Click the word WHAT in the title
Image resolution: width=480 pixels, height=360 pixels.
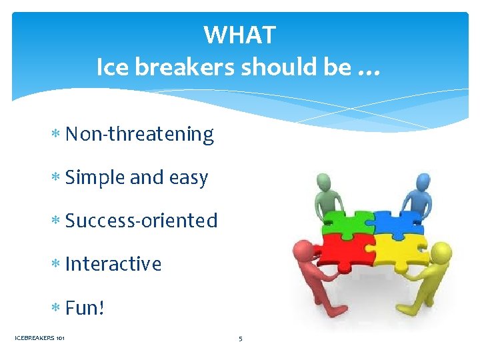click(239, 34)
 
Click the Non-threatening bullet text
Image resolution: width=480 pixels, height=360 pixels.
click(139, 134)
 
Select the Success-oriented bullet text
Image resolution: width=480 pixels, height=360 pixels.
click(141, 221)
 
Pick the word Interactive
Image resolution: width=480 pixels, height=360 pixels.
click(113, 264)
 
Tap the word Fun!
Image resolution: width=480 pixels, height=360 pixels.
click(85, 308)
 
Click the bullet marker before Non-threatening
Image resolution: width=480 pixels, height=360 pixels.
click(56, 135)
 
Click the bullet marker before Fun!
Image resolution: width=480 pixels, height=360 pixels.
click(56, 309)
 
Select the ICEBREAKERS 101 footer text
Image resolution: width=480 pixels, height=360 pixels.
click(39, 339)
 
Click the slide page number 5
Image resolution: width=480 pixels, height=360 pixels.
click(240, 339)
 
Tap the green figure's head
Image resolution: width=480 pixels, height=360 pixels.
click(324, 181)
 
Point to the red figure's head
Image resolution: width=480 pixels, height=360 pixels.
click(302, 252)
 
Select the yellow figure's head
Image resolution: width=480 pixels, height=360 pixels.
click(441, 252)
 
